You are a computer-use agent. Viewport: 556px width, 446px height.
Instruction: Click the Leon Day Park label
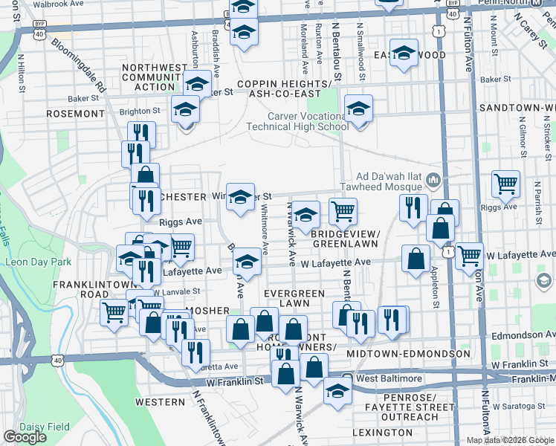(38, 262)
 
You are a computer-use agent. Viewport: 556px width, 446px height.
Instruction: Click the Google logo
(25, 437)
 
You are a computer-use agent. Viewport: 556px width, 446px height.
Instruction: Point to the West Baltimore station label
(389, 378)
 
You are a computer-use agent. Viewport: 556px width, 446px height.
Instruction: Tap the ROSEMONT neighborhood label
(75, 114)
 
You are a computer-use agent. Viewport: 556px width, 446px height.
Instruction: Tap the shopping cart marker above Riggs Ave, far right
(505, 183)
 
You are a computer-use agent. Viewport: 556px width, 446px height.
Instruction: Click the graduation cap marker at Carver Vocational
(358, 110)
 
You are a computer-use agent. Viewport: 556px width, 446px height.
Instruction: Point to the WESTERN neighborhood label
(160, 402)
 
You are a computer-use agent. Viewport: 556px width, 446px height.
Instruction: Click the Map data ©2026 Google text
(510, 440)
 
